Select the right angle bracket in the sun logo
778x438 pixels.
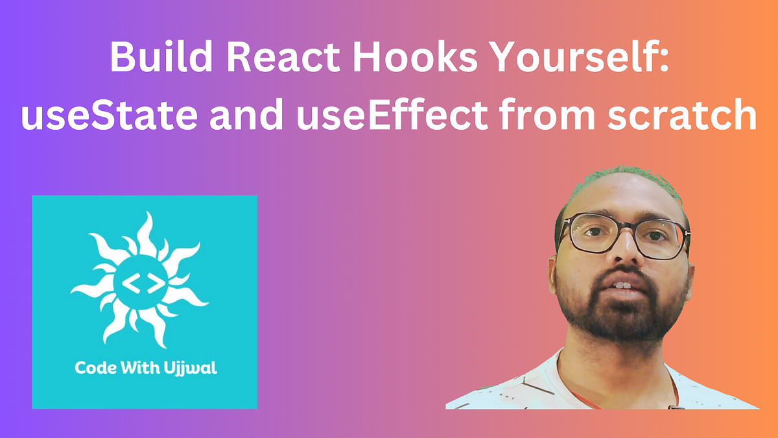154,284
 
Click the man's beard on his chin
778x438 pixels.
622,321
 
